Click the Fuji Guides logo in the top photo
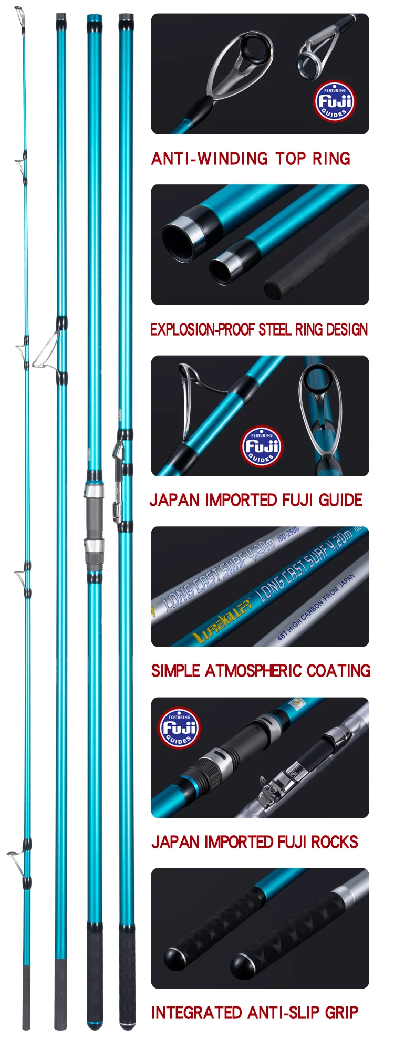[335, 101]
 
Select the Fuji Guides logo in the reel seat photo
[180, 727]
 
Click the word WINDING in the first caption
[231, 159]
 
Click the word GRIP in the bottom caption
[341, 1012]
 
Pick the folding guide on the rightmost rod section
[119, 452]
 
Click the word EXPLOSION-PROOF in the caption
[202, 330]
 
